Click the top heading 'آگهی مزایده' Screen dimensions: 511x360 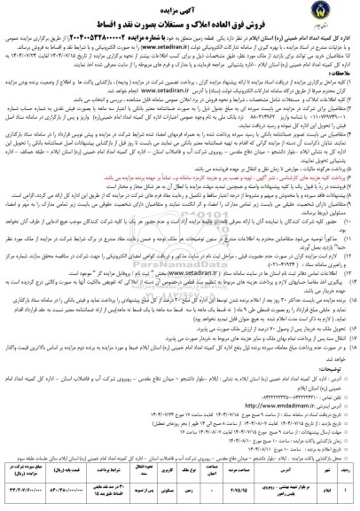[180, 8]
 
